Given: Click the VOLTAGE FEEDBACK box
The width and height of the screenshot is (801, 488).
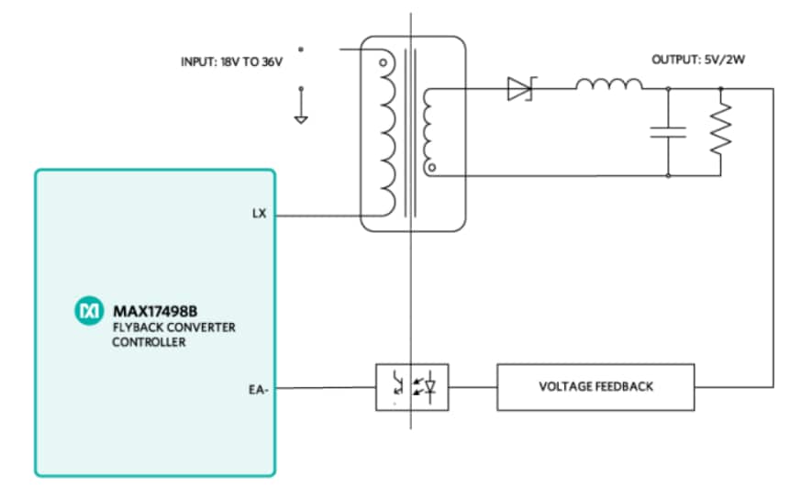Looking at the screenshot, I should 595,387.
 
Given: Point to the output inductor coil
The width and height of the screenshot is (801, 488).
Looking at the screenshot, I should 608,85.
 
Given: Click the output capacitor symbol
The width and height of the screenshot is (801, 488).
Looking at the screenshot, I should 668,131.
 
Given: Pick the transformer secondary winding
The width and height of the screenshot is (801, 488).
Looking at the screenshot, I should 430,128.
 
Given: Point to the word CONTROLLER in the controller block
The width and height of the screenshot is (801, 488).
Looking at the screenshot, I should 149,341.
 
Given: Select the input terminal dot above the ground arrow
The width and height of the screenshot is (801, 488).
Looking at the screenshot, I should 301,49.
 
